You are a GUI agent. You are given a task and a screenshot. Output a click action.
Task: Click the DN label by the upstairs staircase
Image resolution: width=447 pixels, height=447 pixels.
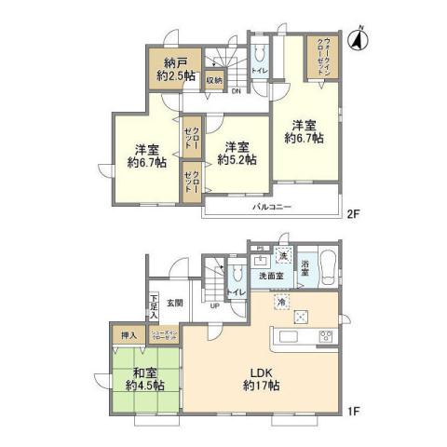237,90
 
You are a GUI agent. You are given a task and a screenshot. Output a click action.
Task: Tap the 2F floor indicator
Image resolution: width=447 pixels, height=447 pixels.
354,213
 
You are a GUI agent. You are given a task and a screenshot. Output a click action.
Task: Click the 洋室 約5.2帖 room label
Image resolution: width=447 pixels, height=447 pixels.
235,153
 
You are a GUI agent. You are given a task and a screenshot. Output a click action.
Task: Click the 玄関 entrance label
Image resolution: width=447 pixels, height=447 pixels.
176,302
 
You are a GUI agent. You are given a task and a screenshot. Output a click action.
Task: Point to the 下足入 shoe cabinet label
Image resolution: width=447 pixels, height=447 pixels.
154,308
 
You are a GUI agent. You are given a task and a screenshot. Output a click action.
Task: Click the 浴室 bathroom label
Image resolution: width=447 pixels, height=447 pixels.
305,271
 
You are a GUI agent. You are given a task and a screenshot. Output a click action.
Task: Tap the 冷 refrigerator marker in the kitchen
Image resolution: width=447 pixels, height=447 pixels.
280,302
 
